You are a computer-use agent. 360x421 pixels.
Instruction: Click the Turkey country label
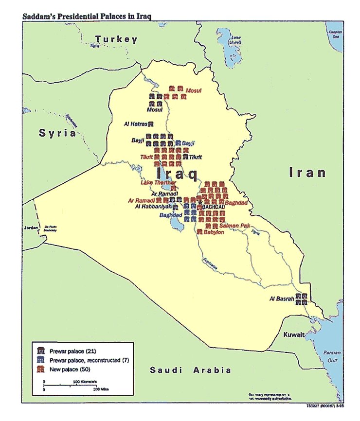116,39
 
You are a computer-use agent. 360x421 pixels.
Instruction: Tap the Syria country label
58,133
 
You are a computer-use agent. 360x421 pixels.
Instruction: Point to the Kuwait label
295,335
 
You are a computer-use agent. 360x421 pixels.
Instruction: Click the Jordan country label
30,227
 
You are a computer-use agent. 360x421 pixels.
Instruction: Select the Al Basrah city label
282,299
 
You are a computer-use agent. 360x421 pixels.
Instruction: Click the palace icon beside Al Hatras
151,124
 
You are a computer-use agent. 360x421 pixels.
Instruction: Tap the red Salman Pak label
234,226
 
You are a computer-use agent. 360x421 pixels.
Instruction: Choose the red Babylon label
214,232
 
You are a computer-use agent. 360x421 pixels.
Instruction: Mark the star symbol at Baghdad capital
199,202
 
